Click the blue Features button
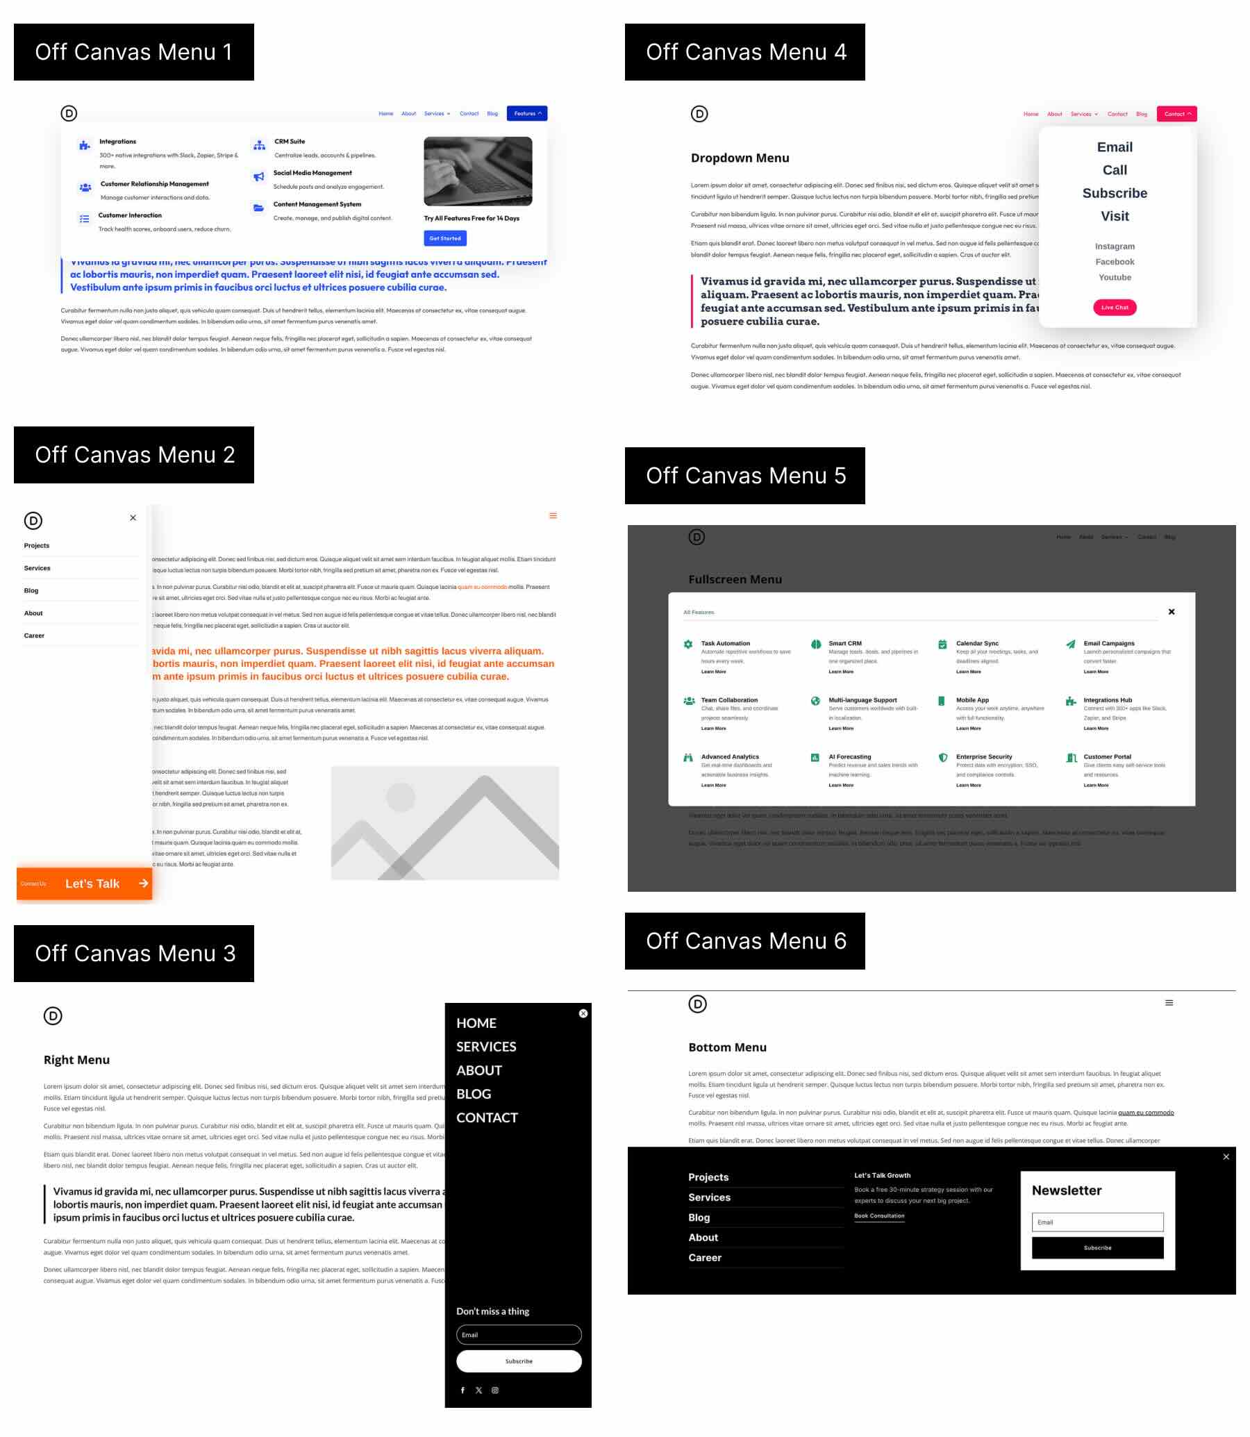[x=526, y=114]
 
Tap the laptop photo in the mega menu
[x=478, y=171]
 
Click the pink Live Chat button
[x=1114, y=308]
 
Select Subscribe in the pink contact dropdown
[x=1114, y=193]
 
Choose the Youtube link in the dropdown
[x=1114, y=278]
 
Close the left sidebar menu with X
[x=133, y=518]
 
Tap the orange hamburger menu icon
[x=553, y=516]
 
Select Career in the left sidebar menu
[x=34, y=636]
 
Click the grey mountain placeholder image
[x=444, y=823]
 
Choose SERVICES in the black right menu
[x=486, y=1047]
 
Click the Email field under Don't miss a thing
[x=518, y=1335]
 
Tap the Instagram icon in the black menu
[x=495, y=1390]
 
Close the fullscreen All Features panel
[x=1171, y=612]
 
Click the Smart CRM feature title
[x=844, y=643]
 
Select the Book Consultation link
[x=879, y=1216]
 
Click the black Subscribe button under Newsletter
[x=1097, y=1248]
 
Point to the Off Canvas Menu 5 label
[x=745, y=476]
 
